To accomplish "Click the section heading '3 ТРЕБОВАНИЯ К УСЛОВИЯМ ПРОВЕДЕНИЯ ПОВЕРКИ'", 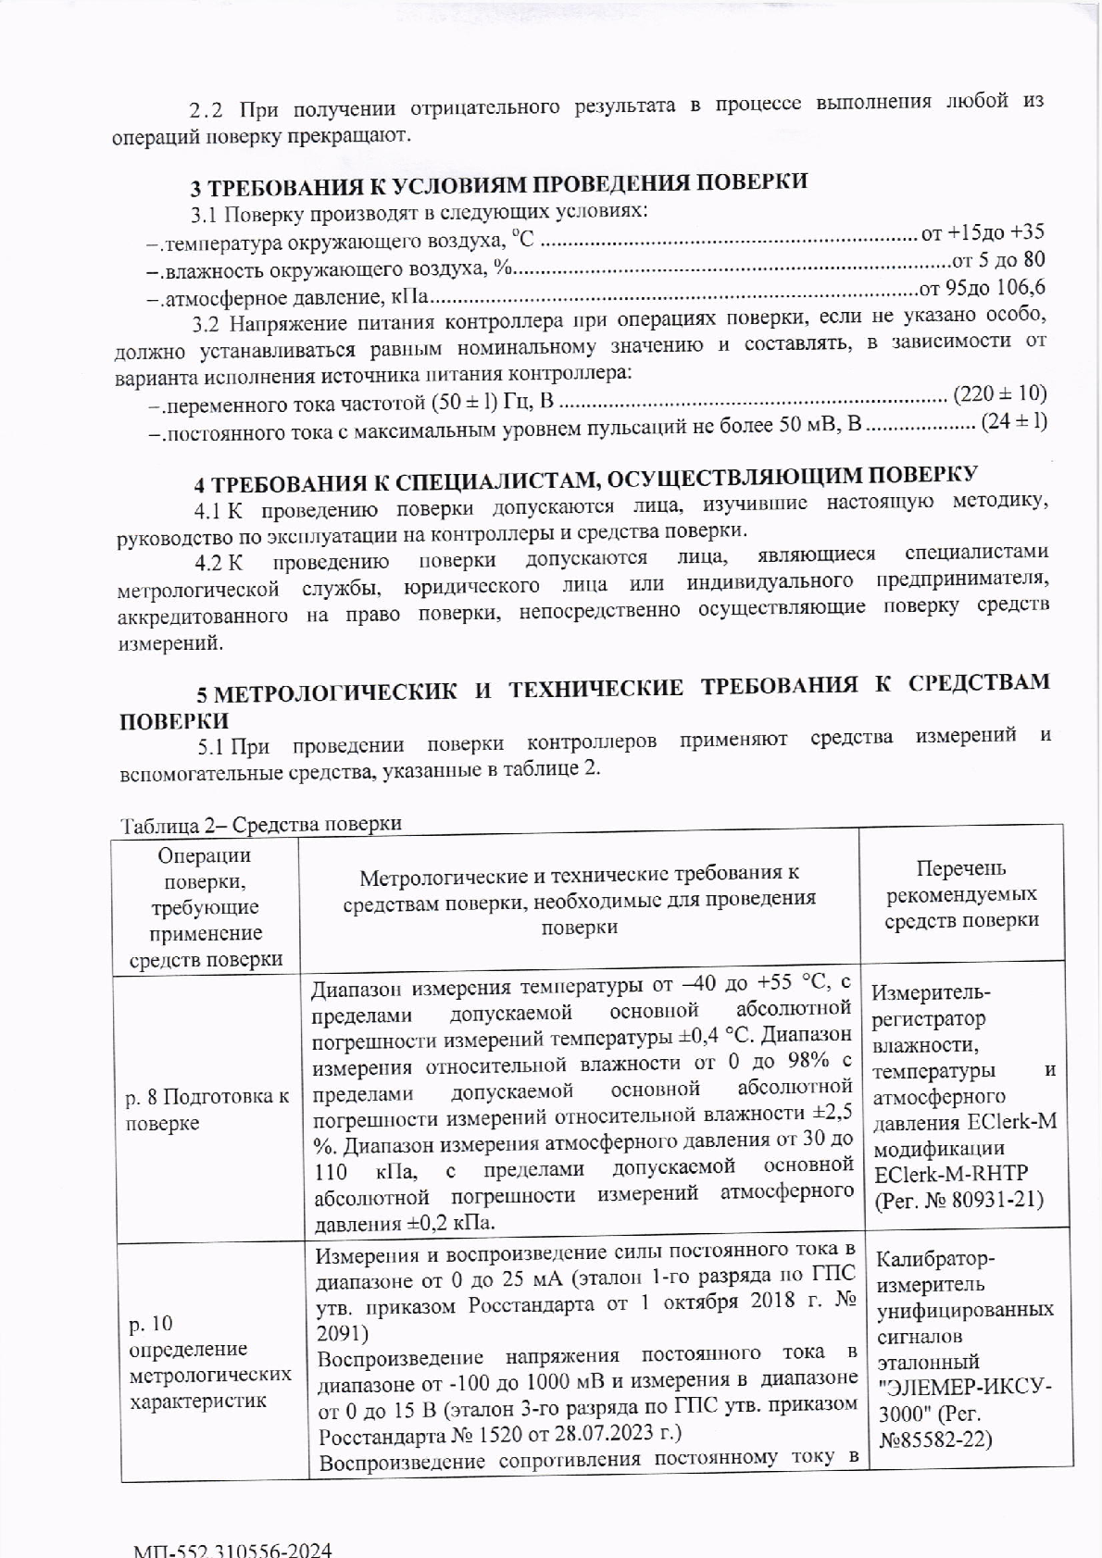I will click(499, 183).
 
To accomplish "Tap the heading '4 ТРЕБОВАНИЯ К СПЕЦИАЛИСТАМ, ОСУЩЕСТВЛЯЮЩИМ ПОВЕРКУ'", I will click(585, 480).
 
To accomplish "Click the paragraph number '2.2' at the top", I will click(206, 110).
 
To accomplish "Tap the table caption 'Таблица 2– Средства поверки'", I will click(261, 824).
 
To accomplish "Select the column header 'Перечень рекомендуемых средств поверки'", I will click(961, 894).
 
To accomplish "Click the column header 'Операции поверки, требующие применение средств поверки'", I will click(206, 908).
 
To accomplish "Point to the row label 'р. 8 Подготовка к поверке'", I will click(207, 1110).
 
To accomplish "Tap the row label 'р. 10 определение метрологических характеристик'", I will click(209, 1362).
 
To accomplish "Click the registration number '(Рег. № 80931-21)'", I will click(959, 1200).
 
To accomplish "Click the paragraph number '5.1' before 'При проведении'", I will click(210, 745).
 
